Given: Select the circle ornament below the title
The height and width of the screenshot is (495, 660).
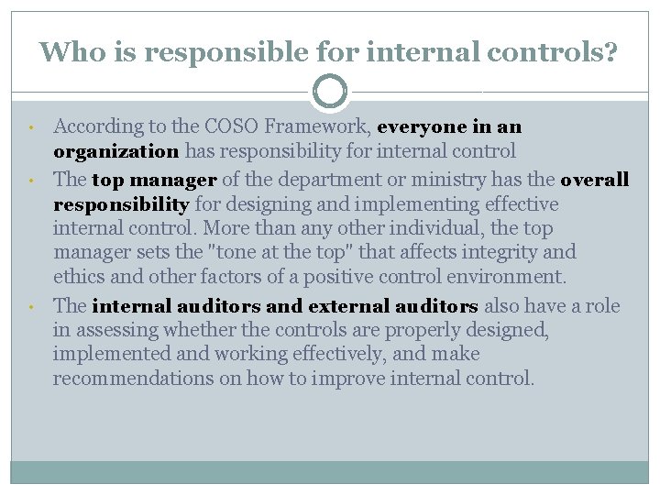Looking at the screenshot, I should point(330,92).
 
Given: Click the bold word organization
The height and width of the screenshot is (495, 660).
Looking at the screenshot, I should point(115,150).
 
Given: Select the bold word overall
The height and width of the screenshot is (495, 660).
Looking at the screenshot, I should point(594,180).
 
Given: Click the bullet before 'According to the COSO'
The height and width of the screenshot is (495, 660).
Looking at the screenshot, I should point(31,127).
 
